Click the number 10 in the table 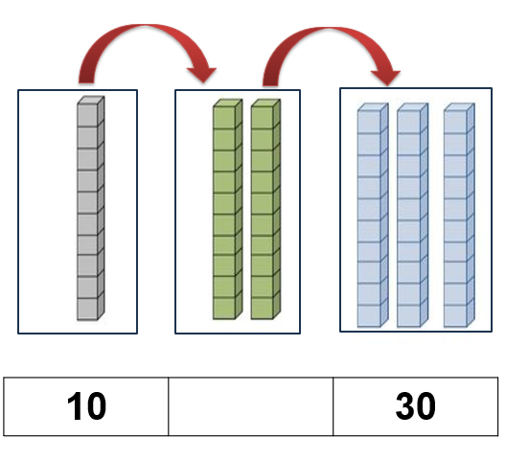(86, 405)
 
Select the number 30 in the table (416, 405)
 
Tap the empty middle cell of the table (251, 406)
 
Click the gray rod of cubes (90, 208)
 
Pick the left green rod (227, 209)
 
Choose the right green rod (265, 209)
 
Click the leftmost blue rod (373, 215)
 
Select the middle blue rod (412, 215)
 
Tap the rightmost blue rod (459, 215)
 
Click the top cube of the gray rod (90, 111)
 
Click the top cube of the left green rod (227, 114)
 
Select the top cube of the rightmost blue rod (459, 118)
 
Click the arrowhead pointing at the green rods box (202, 75)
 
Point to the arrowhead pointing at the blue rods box (386, 78)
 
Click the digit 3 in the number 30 (405, 405)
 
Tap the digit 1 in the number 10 (74, 405)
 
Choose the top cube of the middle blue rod (412, 118)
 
